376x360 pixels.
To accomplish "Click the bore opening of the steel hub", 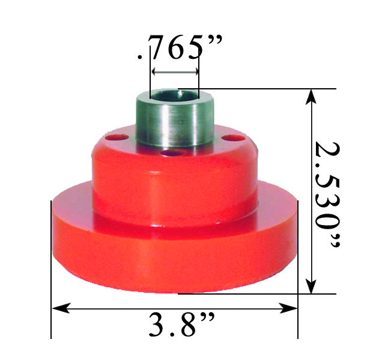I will [x=175, y=94].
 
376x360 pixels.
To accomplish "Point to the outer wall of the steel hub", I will [x=175, y=123].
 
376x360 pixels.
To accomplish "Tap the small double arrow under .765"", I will [x=175, y=71].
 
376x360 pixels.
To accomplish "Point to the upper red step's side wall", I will [x=174, y=186].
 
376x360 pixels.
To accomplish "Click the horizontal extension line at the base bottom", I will [x=252, y=294].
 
